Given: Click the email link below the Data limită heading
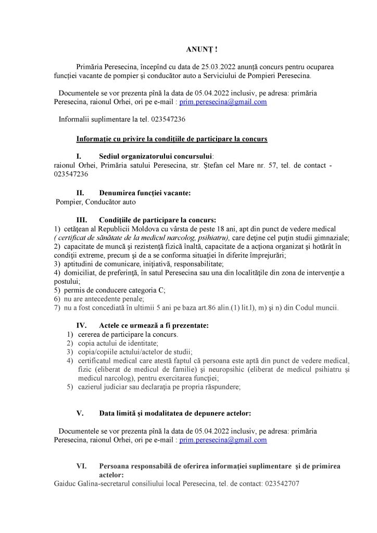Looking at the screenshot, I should [x=223, y=440].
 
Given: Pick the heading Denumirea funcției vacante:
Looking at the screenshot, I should [x=145, y=193].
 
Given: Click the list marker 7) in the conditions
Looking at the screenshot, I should [x=57, y=308].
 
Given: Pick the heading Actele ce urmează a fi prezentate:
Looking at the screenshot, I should [x=154, y=325].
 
